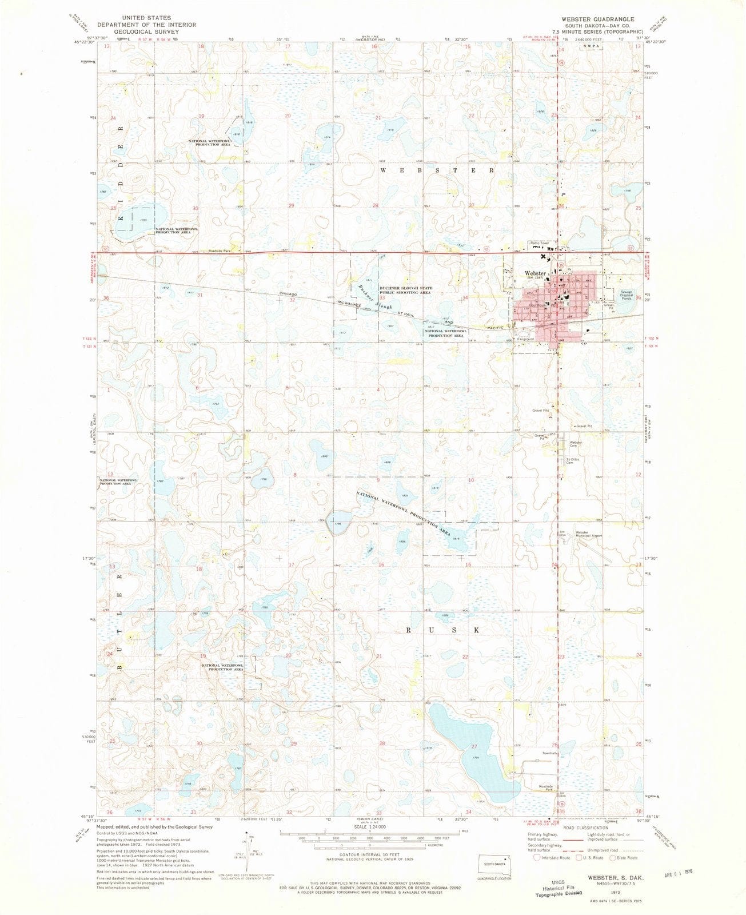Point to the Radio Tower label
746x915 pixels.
(x=540, y=243)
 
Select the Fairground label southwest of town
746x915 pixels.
(x=526, y=339)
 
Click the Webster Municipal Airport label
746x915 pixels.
(x=589, y=534)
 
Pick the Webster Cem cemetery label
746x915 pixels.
(x=575, y=444)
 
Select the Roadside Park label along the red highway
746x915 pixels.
(x=218, y=251)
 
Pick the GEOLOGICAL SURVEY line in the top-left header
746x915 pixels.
(x=146, y=31)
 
